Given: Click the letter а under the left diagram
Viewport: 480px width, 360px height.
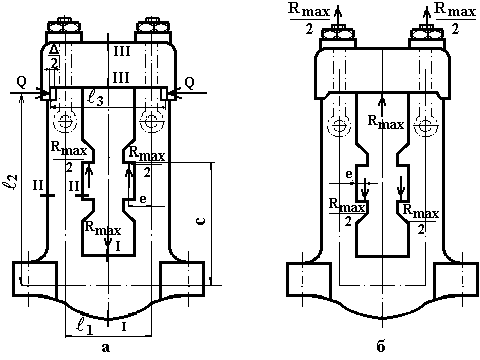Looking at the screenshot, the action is coord(105,348).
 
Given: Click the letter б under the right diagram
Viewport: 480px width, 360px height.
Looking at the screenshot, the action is coord(381,347).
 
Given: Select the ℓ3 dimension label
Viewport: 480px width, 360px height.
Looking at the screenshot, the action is coord(94,99).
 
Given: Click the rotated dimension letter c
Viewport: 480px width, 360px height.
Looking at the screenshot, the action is coord(201,221).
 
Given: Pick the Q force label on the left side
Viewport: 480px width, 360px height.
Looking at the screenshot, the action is coord(21,83).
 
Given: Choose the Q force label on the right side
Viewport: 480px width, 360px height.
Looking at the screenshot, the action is coord(189,83).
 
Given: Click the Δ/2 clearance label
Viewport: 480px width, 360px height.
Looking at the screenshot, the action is coord(55,57).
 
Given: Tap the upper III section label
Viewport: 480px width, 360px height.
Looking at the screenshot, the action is coord(121,52).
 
